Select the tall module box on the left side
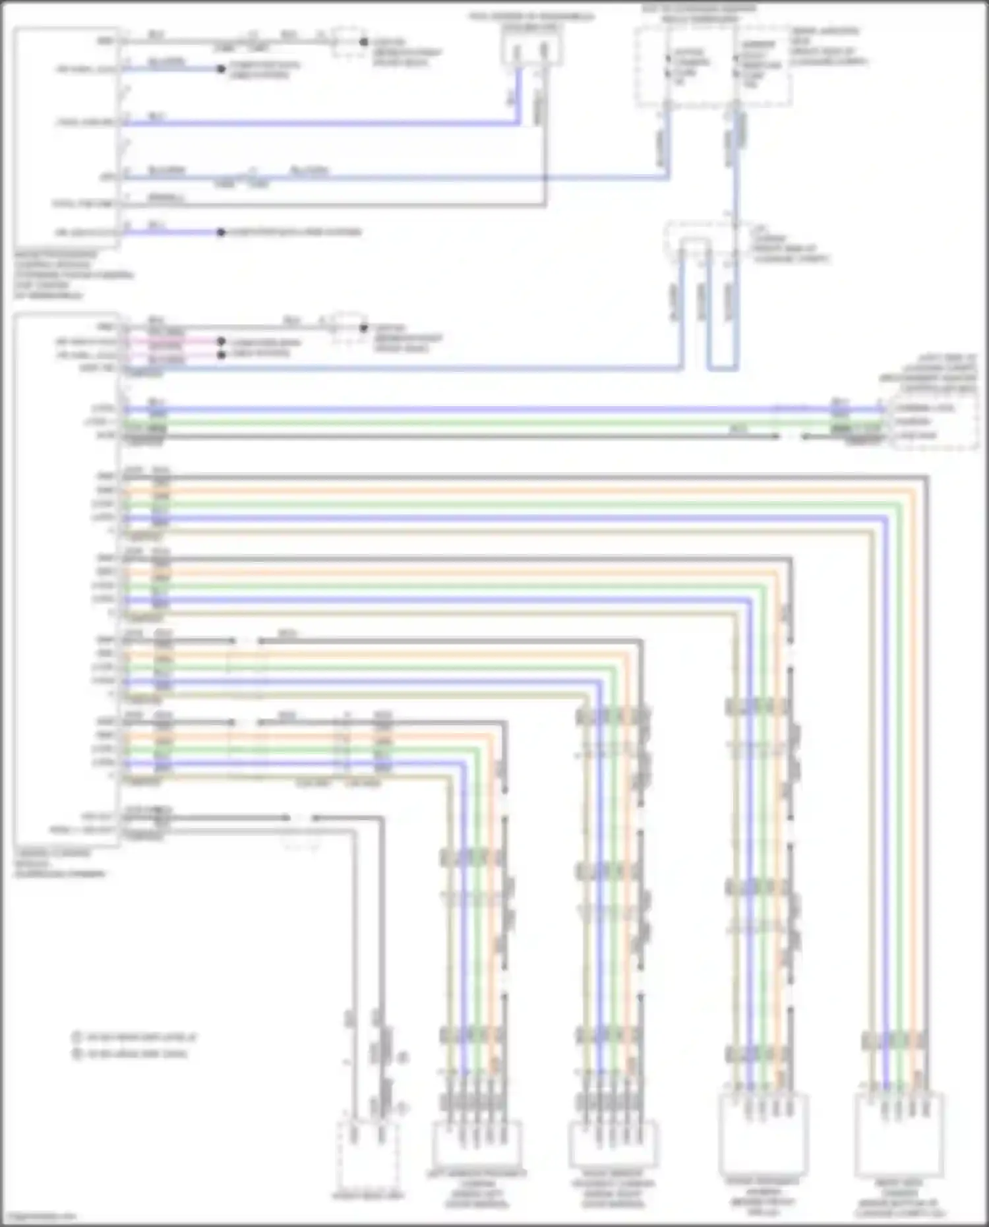tap(66, 580)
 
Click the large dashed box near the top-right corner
tap(713, 66)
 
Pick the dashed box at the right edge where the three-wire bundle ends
tap(934, 423)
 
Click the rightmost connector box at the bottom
tap(899, 1134)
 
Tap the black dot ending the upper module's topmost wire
tap(363, 42)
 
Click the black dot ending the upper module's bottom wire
tap(222, 232)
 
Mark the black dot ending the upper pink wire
tap(222, 342)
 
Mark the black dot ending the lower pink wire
tap(222, 355)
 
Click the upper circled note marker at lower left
tap(76, 1037)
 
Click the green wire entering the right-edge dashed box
tap(857, 422)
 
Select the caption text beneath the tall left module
tap(59, 863)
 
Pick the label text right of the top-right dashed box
tap(829, 46)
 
